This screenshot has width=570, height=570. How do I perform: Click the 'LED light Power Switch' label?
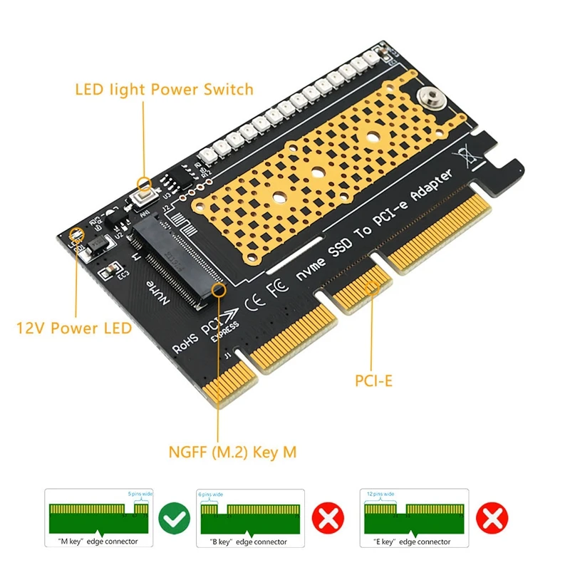point(164,90)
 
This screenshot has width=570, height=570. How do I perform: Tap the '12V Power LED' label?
point(73,328)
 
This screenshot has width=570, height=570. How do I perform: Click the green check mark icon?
point(174,518)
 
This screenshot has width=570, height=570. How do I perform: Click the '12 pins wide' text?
point(379,494)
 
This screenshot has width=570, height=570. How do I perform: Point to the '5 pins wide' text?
point(140,494)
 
